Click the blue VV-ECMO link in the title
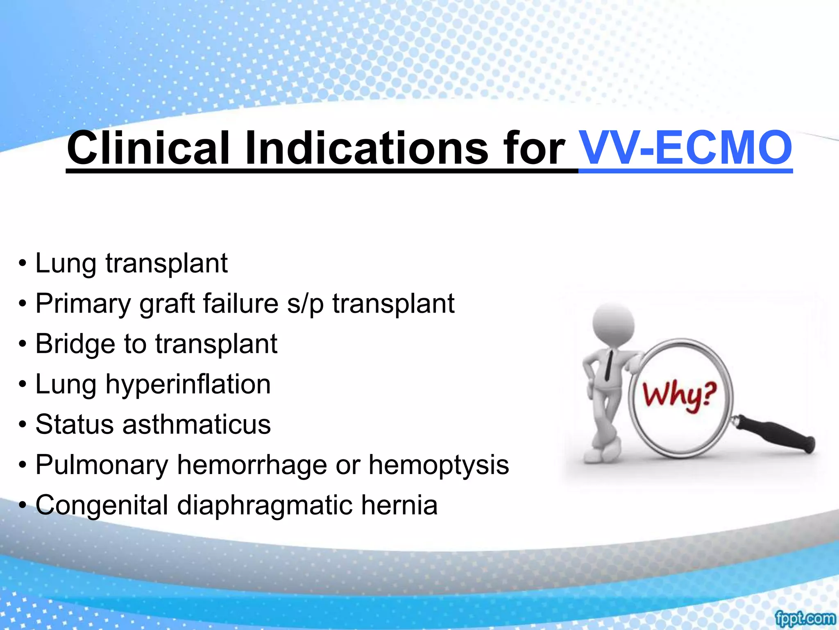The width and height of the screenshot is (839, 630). pos(686,148)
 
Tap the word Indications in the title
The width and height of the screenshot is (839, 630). pos(367,148)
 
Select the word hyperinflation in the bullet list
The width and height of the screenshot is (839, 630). pos(188,385)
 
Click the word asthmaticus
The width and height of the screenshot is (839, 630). pos(197,425)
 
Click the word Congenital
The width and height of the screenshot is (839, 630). pos(102,505)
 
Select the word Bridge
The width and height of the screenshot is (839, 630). pos(75,344)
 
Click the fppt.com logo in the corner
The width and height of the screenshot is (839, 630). pos(805,619)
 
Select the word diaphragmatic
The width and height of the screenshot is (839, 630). pos(265,505)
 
